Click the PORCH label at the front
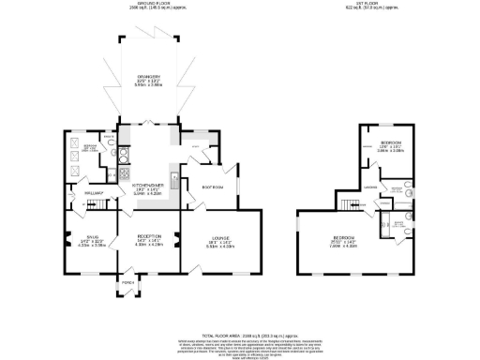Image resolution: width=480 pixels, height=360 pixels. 127,281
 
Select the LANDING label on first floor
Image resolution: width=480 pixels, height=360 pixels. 371,187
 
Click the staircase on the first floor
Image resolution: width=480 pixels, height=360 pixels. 353,205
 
